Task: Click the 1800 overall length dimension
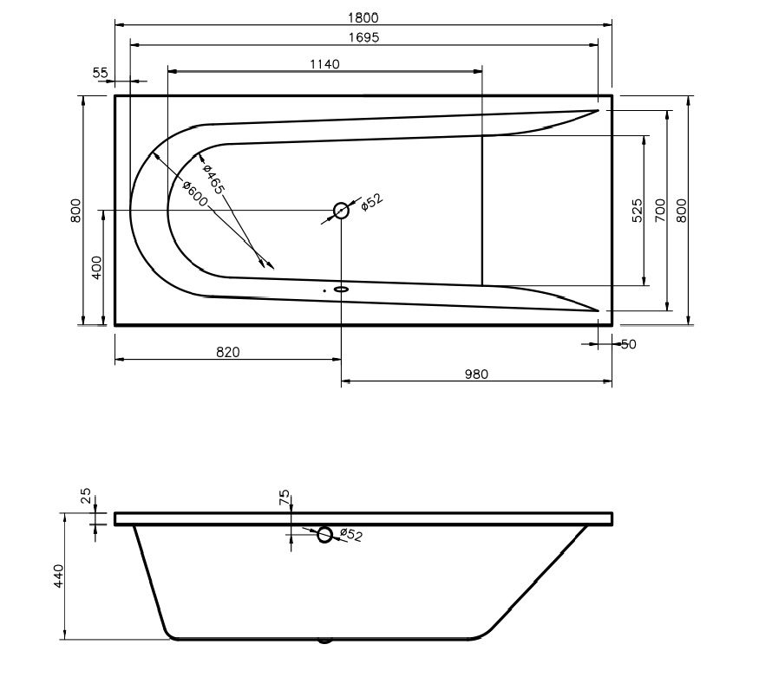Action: coord(363,17)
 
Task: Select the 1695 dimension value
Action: coord(363,37)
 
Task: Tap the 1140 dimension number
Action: coord(324,64)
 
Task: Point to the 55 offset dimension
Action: coord(100,73)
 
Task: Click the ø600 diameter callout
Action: coord(195,193)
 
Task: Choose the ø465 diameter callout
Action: coord(213,179)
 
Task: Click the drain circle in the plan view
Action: coord(341,211)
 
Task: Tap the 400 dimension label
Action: coord(96,268)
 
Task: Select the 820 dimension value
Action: coord(228,352)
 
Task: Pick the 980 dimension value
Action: coord(476,374)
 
